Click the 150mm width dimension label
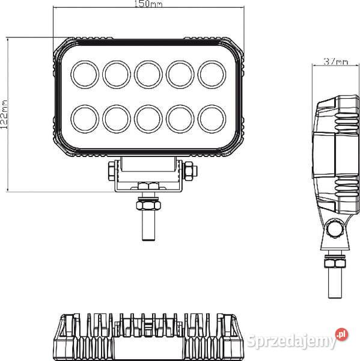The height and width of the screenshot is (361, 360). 148,5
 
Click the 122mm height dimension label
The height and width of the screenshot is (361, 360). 5,113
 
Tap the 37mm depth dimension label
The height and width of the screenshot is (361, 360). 335,61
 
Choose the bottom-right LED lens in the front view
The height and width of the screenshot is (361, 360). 210,118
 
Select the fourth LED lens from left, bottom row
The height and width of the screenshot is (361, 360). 178,118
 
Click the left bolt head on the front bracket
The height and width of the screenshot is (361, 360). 111,171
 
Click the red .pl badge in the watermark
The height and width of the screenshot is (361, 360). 341,333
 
